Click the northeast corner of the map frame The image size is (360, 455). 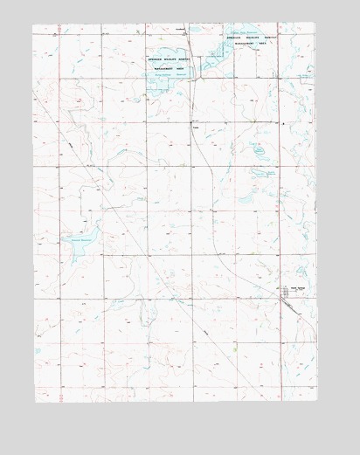click(x=315, y=23)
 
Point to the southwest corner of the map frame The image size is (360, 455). click(x=35, y=403)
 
